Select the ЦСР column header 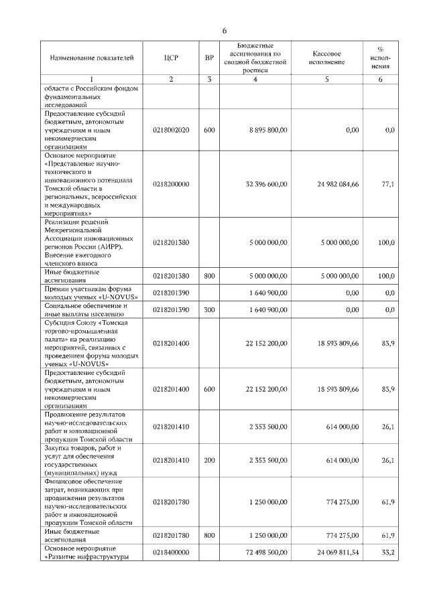170,58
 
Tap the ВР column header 209,58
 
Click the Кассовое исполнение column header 327,58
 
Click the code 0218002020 171,130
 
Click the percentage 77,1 387,183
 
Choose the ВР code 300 209,310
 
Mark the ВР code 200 209,461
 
